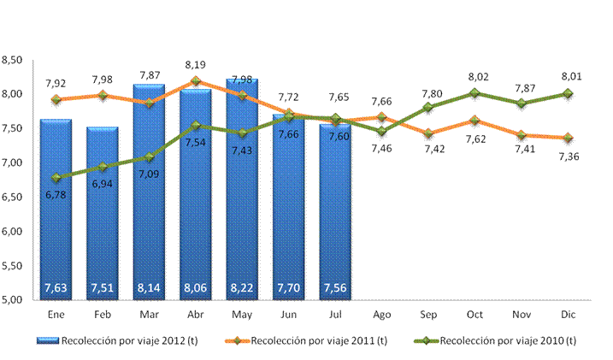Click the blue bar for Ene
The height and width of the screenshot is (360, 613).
click(56, 210)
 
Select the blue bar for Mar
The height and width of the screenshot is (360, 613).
click(149, 192)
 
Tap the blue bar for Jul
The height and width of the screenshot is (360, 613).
click(335, 212)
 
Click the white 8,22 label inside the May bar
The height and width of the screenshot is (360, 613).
click(242, 288)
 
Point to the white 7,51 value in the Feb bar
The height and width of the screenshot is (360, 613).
click(103, 288)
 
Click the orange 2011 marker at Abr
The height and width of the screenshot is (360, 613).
click(196, 81)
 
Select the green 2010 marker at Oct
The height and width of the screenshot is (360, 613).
click(474, 93)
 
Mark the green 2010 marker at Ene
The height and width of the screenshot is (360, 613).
click(56, 178)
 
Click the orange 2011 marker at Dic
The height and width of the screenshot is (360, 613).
click(568, 138)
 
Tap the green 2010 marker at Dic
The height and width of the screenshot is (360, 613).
click(568, 93)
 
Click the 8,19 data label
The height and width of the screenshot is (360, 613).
click(196, 65)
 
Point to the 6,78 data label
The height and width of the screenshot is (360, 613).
click(56, 195)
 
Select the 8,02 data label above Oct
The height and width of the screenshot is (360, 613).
click(479, 77)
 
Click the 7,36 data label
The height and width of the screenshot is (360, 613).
click(569, 156)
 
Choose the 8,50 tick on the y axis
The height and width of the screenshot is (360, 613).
click(12, 60)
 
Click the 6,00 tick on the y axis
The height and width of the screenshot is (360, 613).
click(12, 232)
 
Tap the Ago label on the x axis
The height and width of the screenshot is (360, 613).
click(381, 315)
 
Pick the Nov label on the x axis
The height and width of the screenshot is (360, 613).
click(522, 315)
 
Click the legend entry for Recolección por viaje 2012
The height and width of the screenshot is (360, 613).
click(117, 341)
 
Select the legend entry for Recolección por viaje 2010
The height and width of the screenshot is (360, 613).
click(495, 341)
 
